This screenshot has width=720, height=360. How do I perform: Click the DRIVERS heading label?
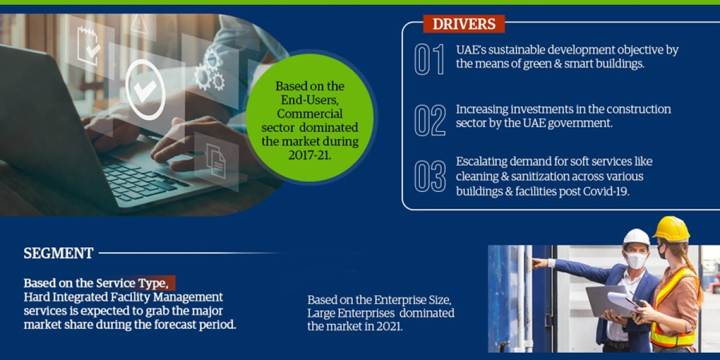pyautogui.click(x=464, y=24)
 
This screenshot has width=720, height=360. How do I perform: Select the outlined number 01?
pyautogui.click(x=430, y=59)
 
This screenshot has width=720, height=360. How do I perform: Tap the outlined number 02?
pyautogui.click(x=430, y=119)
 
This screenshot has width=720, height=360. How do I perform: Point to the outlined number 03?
pyautogui.click(x=430, y=176)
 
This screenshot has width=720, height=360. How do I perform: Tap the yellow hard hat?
pyautogui.click(x=671, y=229)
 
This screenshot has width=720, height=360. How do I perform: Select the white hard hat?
pyautogui.click(x=636, y=238)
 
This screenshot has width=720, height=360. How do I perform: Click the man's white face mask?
pyautogui.click(x=635, y=260)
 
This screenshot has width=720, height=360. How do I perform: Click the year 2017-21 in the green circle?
pyautogui.click(x=310, y=155)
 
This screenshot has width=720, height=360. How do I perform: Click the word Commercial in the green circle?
pyautogui.click(x=310, y=114)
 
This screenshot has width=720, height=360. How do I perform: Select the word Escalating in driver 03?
pyautogui.click(x=483, y=161)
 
